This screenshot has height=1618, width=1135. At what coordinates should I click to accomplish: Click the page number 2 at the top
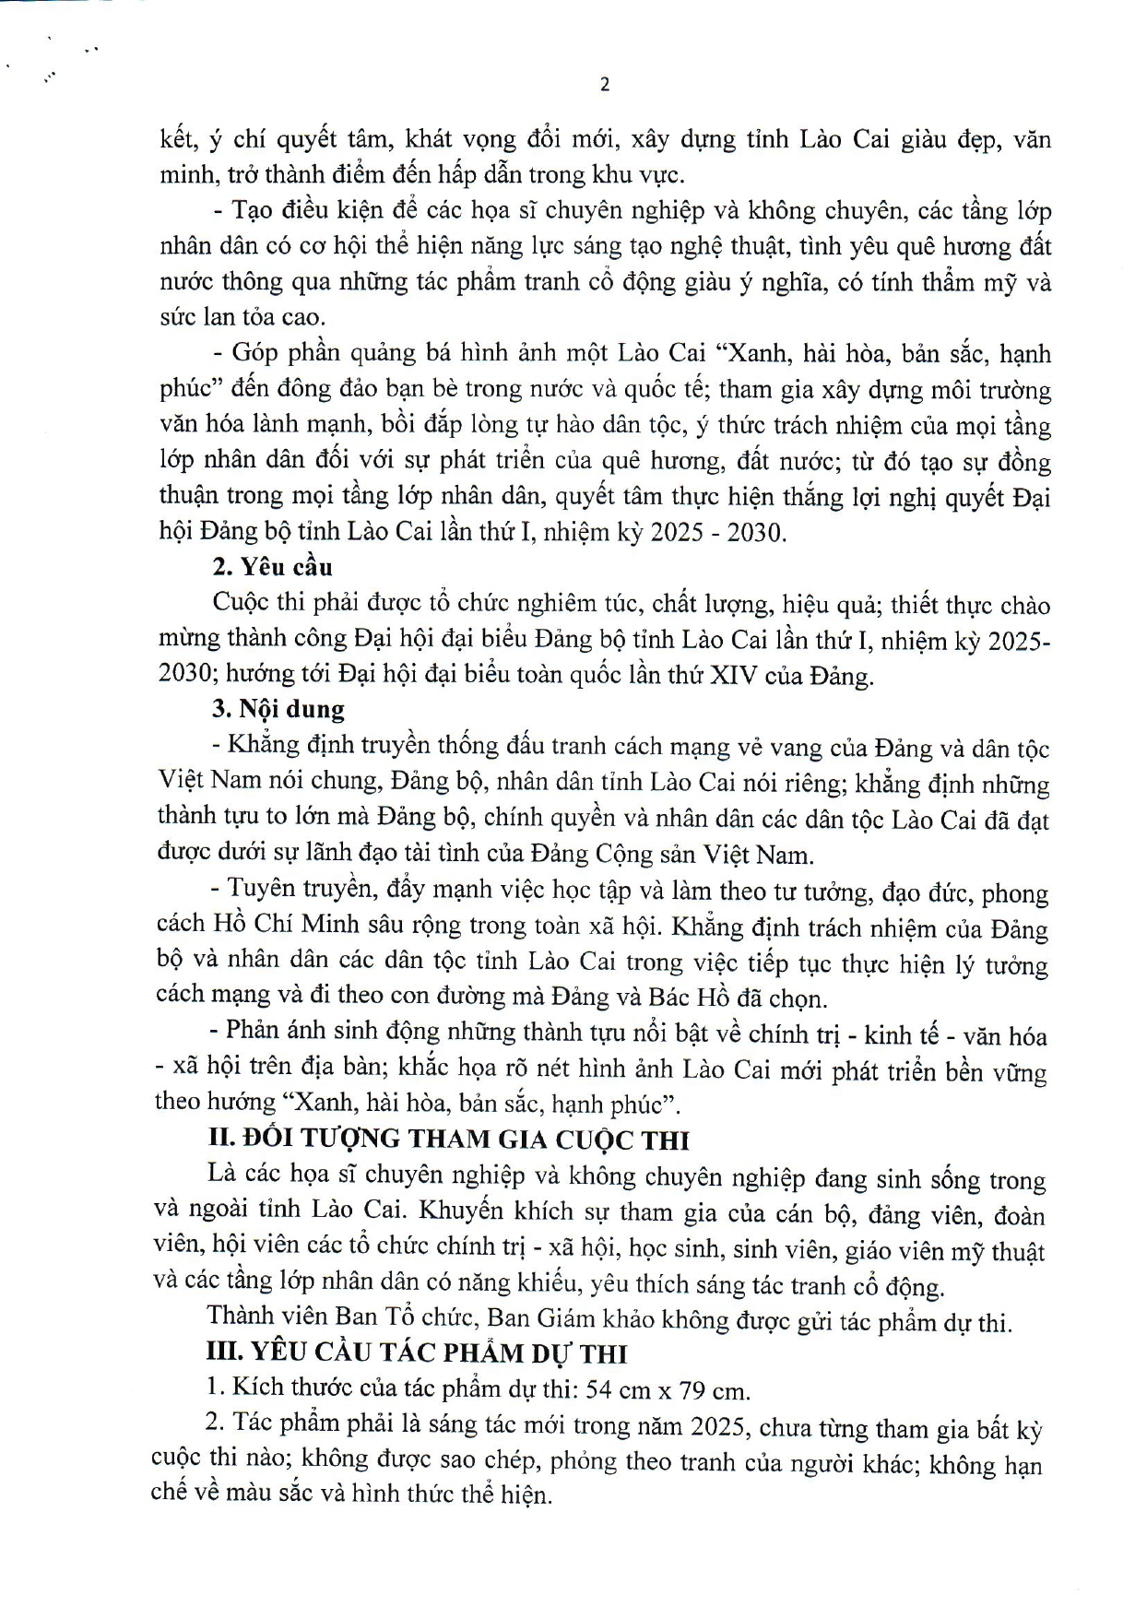click(605, 85)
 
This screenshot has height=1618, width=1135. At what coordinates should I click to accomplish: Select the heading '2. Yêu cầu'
click(272, 568)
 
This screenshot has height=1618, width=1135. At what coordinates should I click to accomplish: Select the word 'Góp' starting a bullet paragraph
click(254, 353)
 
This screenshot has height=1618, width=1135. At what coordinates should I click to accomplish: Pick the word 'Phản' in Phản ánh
click(254, 1033)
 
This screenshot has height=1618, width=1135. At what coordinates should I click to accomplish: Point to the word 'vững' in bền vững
click(1020, 1069)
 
